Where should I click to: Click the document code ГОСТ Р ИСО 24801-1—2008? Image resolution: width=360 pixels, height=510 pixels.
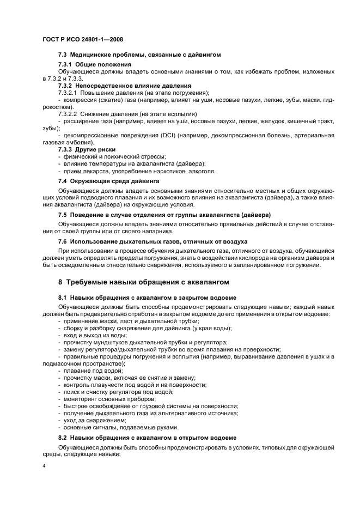[77, 40]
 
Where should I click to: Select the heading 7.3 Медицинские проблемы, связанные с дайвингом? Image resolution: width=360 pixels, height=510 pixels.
[139, 56]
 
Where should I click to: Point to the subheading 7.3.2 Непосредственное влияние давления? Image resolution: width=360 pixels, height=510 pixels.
[124, 86]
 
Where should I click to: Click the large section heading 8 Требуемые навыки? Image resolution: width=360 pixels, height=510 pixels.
[143, 282]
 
